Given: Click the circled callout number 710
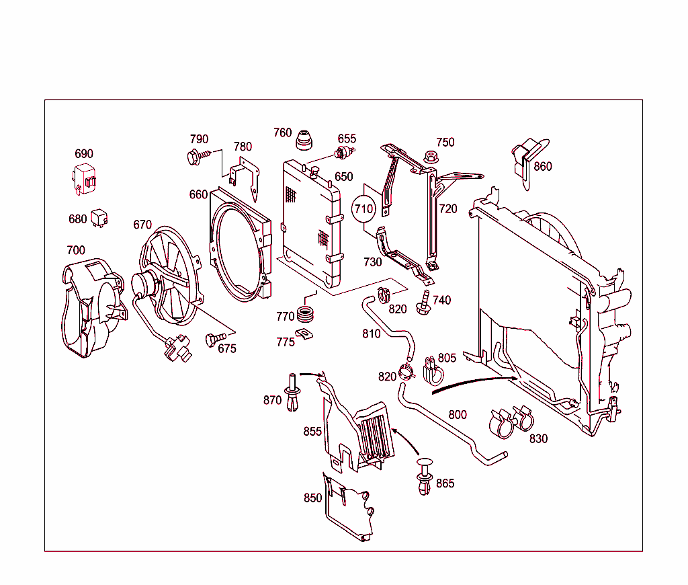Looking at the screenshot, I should coord(363,209).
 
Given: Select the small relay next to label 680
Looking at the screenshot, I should coord(100,217).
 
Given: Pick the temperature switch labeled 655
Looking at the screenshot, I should coord(346,151).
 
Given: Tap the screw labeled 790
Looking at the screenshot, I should coord(196,157).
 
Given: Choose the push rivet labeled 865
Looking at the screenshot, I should coord(424,477).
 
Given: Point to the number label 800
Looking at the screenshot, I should coord(458,415).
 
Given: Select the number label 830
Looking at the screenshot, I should coord(538,438).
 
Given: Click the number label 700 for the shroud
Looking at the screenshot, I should coord(76,251).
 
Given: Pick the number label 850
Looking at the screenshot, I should coord(312,498).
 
